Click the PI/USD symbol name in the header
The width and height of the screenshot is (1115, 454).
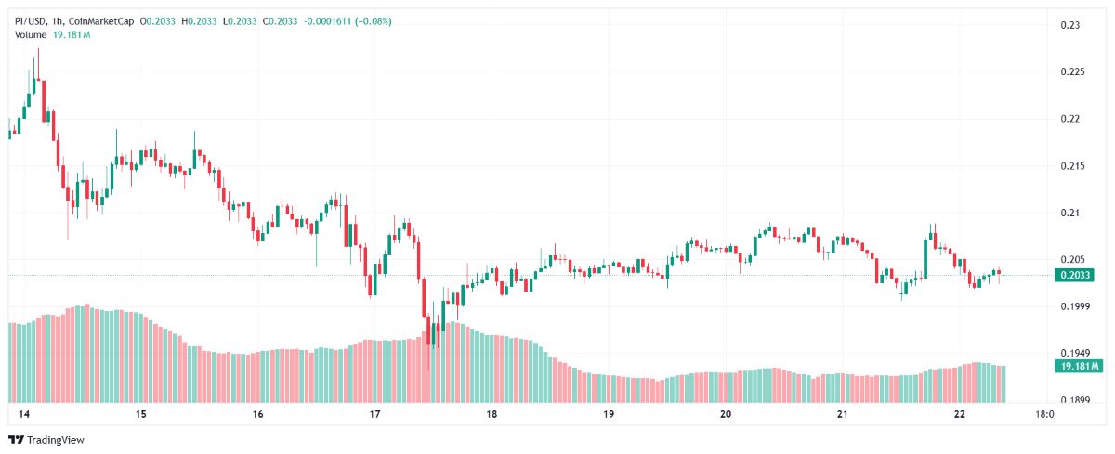pyautogui.click(x=31, y=21)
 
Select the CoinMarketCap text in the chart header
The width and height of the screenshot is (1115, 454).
pyautogui.click(x=101, y=21)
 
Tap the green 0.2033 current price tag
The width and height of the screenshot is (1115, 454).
pyautogui.click(x=1074, y=275)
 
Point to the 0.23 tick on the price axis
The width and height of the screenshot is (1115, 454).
pyautogui.click(x=1070, y=25)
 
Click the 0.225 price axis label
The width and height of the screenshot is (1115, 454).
pyautogui.click(x=1072, y=71)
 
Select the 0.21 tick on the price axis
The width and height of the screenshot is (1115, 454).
pyautogui.click(x=1070, y=213)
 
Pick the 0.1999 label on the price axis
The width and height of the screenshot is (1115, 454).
pyautogui.click(x=1075, y=306)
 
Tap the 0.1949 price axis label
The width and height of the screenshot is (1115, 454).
pyautogui.click(x=1075, y=353)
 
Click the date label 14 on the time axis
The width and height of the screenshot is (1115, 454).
pyautogui.click(x=24, y=414)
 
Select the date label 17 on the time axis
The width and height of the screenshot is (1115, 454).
pyautogui.click(x=374, y=414)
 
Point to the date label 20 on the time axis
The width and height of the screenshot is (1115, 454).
pyautogui.click(x=726, y=414)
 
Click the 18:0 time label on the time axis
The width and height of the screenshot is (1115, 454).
pyautogui.click(x=1044, y=414)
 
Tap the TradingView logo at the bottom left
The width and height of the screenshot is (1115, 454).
pyautogui.click(x=46, y=440)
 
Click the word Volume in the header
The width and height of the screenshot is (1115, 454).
pyautogui.click(x=31, y=34)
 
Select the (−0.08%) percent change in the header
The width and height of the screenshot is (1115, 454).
pyautogui.click(x=373, y=21)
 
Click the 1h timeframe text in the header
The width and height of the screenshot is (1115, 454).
pyautogui.click(x=57, y=21)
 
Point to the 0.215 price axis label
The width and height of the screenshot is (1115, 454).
pyautogui.click(x=1072, y=165)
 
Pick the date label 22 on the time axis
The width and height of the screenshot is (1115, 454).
pyautogui.click(x=959, y=414)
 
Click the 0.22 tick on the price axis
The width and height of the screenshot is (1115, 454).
pyautogui.click(x=1070, y=119)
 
